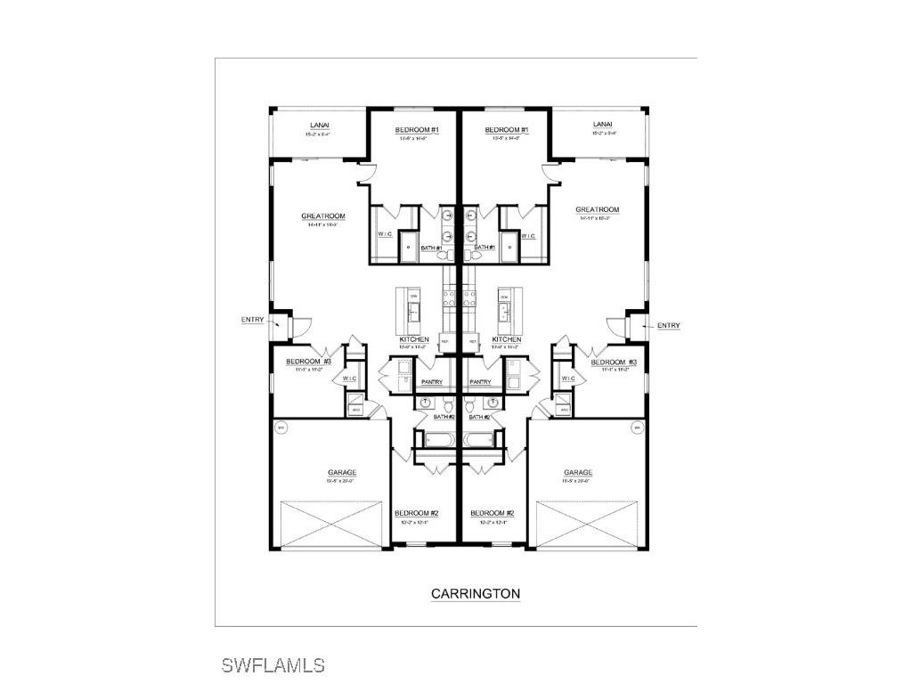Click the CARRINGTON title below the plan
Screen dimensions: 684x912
(476, 593)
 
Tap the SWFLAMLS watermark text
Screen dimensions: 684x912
(273, 665)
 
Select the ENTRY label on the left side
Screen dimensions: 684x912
(252, 320)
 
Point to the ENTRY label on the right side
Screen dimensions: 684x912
(669, 326)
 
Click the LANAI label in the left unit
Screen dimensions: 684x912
(320, 125)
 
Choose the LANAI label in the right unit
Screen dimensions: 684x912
(603, 125)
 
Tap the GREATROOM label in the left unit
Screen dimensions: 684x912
(322, 216)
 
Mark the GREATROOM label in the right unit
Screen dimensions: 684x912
(597, 210)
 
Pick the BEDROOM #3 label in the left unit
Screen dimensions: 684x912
(308, 362)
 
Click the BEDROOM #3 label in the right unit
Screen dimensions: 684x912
(614, 362)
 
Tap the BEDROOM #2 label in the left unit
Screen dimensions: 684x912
(417, 513)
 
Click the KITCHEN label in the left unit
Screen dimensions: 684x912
(414, 339)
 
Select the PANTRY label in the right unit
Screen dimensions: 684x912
(480, 382)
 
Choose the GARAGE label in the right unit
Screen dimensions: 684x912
(578, 473)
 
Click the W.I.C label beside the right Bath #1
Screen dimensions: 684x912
(528, 236)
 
